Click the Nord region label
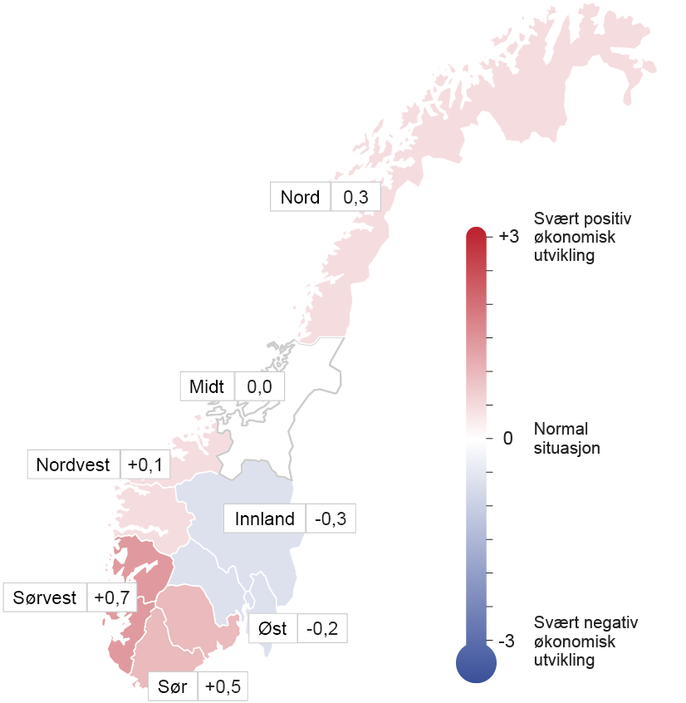tap(300, 198)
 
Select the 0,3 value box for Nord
tap(355, 198)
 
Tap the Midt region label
tap(207, 387)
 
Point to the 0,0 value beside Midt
tap(260, 387)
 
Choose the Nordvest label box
tap(73, 465)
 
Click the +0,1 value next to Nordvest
tap(145, 465)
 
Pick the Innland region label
tap(265, 519)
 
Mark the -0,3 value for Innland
tap(331, 519)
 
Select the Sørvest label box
tap(45, 597)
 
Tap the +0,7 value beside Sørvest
tap(110, 597)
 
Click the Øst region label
tap(272, 628)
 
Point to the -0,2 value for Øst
tap(323, 628)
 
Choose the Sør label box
tap(173, 687)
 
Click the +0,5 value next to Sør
tap(223, 687)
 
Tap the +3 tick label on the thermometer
tap(508, 237)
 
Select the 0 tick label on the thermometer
tap(508, 438)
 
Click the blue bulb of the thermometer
tap(476, 662)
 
